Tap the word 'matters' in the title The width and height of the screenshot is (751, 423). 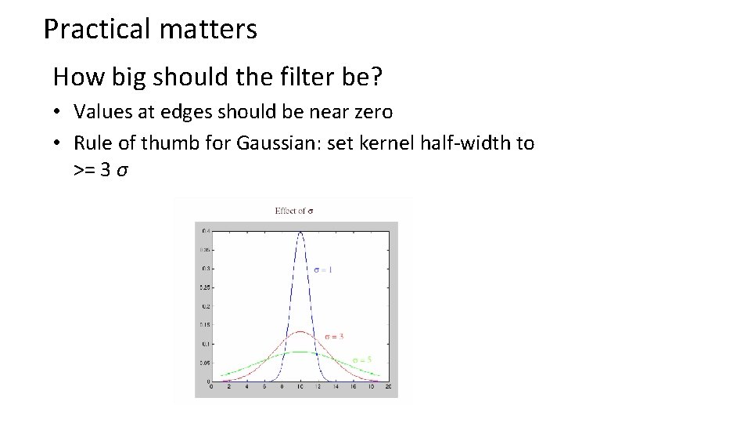[207, 30]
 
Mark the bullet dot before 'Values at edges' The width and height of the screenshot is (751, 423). [58, 113]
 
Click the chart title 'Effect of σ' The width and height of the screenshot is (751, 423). [294, 210]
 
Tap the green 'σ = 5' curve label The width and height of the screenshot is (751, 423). [361, 360]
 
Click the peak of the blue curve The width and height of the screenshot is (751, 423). [300, 232]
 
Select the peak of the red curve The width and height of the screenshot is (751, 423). [300, 331]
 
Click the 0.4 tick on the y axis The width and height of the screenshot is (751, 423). [204, 230]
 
